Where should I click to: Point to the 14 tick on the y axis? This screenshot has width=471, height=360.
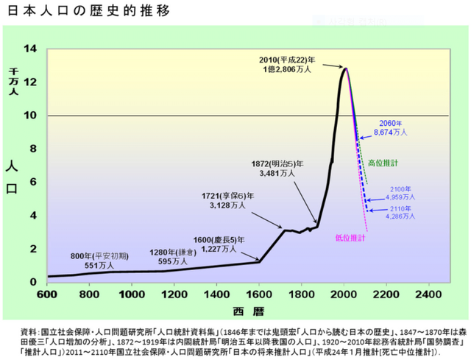[x=31, y=49]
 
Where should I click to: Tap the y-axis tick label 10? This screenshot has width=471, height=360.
[x=31, y=116]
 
